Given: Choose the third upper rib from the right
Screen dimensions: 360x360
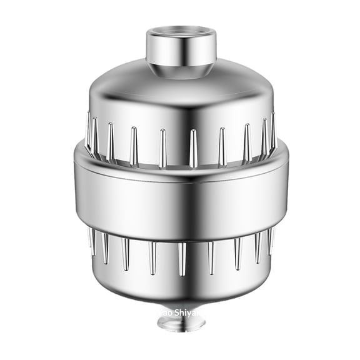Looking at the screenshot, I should (247, 143).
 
